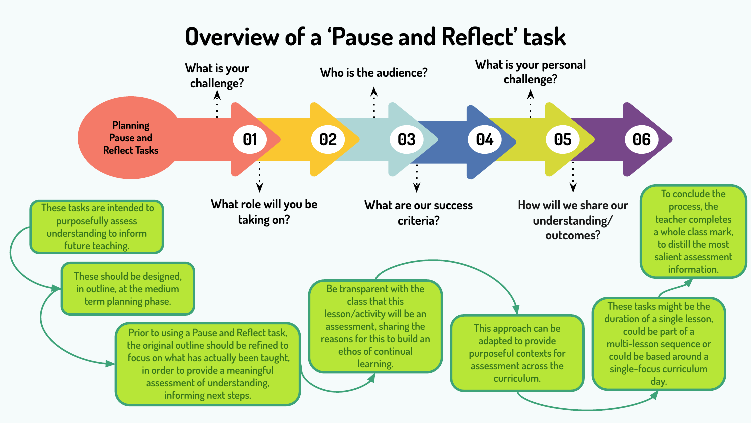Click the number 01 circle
[250, 139]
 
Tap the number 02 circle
[328, 139]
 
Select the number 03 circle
[406, 139]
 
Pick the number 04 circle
[485, 139]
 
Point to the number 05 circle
[563, 139]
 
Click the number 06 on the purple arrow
[641, 139]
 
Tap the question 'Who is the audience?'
[373, 73]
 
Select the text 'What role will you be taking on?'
[264, 212]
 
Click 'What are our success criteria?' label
[419, 213]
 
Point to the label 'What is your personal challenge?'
[530, 72]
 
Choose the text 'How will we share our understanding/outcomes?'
[573, 220]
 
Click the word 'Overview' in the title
[232, 37]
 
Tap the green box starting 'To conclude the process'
[693, 232]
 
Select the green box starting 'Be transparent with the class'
[375, 326]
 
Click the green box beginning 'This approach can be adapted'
[517, 353]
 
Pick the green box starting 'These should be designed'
[128, 289]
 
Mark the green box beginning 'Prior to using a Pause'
[208, 364]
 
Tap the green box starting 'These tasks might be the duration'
[658, 343]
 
